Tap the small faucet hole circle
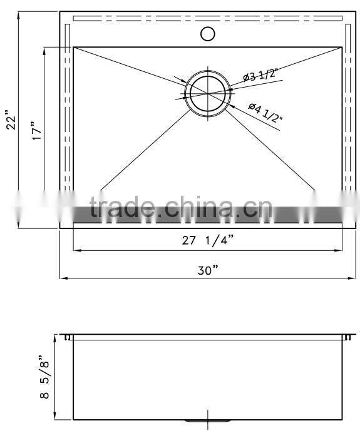point(208,33)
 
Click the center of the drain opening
point(207,93)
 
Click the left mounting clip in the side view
point(66,337)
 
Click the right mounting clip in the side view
point(347,337)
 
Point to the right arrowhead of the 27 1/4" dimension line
point(341,250)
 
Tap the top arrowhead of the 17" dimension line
point(45,49)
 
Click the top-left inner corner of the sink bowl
point(74,47)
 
